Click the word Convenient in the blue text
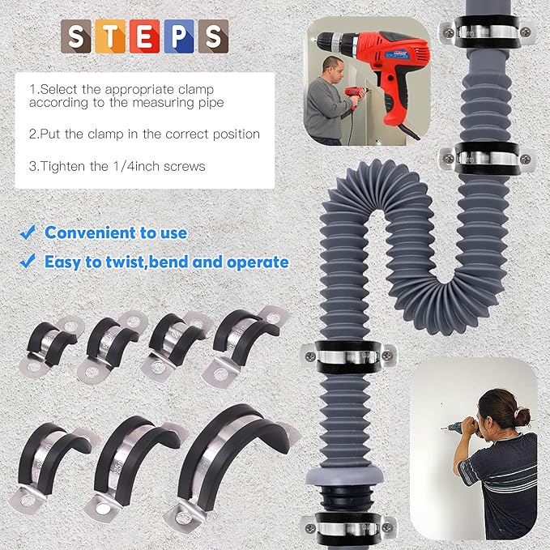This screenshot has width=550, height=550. click(x=88, y=233)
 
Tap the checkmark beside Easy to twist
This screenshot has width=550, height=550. click(x=28, y=262)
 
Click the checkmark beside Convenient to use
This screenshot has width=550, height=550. click(x=28, y=233)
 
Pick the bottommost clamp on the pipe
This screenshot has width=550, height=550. click(x=349, y=527)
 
